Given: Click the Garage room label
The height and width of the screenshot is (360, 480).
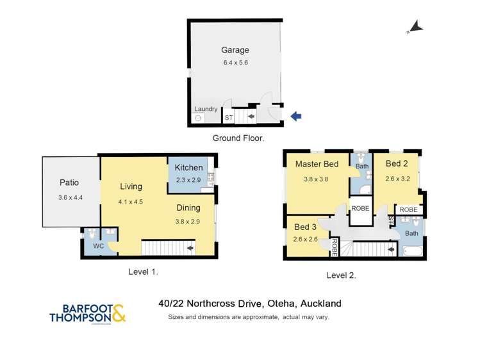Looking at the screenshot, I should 235,50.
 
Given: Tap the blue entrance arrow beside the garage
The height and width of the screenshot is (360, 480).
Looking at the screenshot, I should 295,116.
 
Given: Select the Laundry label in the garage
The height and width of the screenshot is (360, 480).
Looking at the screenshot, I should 206,109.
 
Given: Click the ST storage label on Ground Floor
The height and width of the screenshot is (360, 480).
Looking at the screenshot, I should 228,118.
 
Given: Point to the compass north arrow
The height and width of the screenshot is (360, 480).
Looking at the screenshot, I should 415,27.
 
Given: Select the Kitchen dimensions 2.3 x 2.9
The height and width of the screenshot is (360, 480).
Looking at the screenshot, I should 188,179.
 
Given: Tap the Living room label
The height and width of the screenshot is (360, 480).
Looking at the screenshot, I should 131,186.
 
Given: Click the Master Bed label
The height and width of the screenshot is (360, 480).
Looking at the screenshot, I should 317,164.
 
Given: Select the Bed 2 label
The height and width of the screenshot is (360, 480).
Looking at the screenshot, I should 397,163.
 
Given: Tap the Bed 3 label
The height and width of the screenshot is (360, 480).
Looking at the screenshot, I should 305,227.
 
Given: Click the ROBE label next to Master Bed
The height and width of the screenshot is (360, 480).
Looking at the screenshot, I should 359,208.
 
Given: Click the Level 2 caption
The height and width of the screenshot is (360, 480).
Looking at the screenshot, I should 341,275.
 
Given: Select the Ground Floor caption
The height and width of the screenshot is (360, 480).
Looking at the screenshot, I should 238,138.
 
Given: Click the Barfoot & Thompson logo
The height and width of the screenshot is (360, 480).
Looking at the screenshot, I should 87,313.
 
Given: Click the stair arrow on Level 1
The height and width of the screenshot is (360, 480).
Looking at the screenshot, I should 190,247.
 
